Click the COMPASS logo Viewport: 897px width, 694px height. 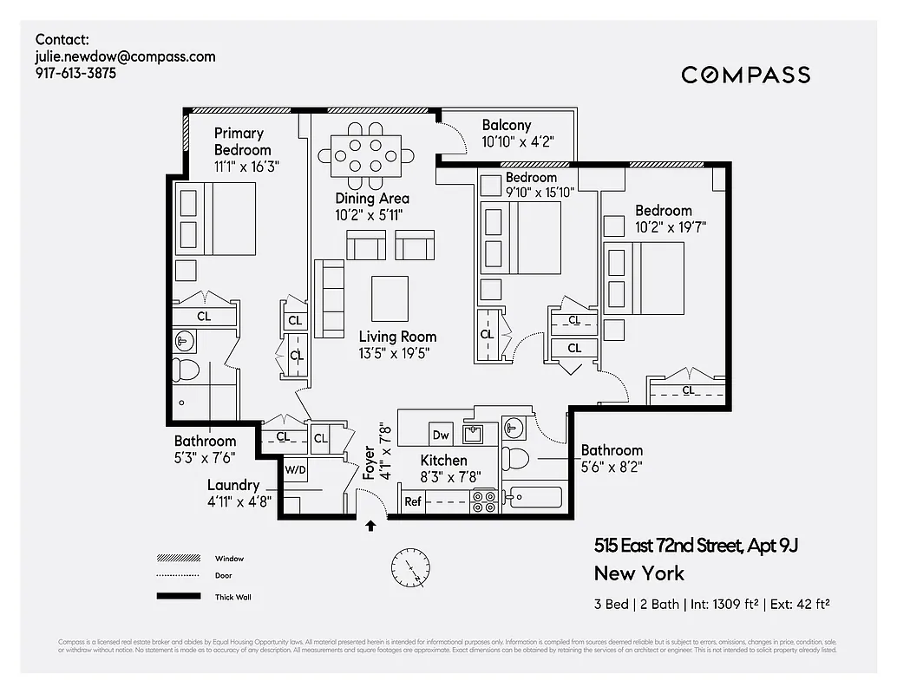[745, 75]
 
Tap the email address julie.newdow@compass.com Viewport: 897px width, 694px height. [125, 56]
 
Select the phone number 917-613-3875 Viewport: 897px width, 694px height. [75, 74]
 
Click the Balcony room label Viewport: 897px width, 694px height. [507, 125]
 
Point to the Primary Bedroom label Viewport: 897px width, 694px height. [239, 141]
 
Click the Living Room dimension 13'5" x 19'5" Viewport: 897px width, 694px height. [395, 353]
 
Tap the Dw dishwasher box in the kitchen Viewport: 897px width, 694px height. [440, 435]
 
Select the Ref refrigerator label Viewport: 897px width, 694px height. [413, 501]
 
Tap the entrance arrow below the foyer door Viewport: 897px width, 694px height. [371, 526]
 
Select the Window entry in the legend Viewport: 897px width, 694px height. [230, 559]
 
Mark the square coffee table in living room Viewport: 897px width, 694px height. [390, 298]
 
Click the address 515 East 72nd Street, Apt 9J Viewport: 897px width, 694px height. [695, 546]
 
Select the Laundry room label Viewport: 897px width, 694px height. [233, 485]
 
